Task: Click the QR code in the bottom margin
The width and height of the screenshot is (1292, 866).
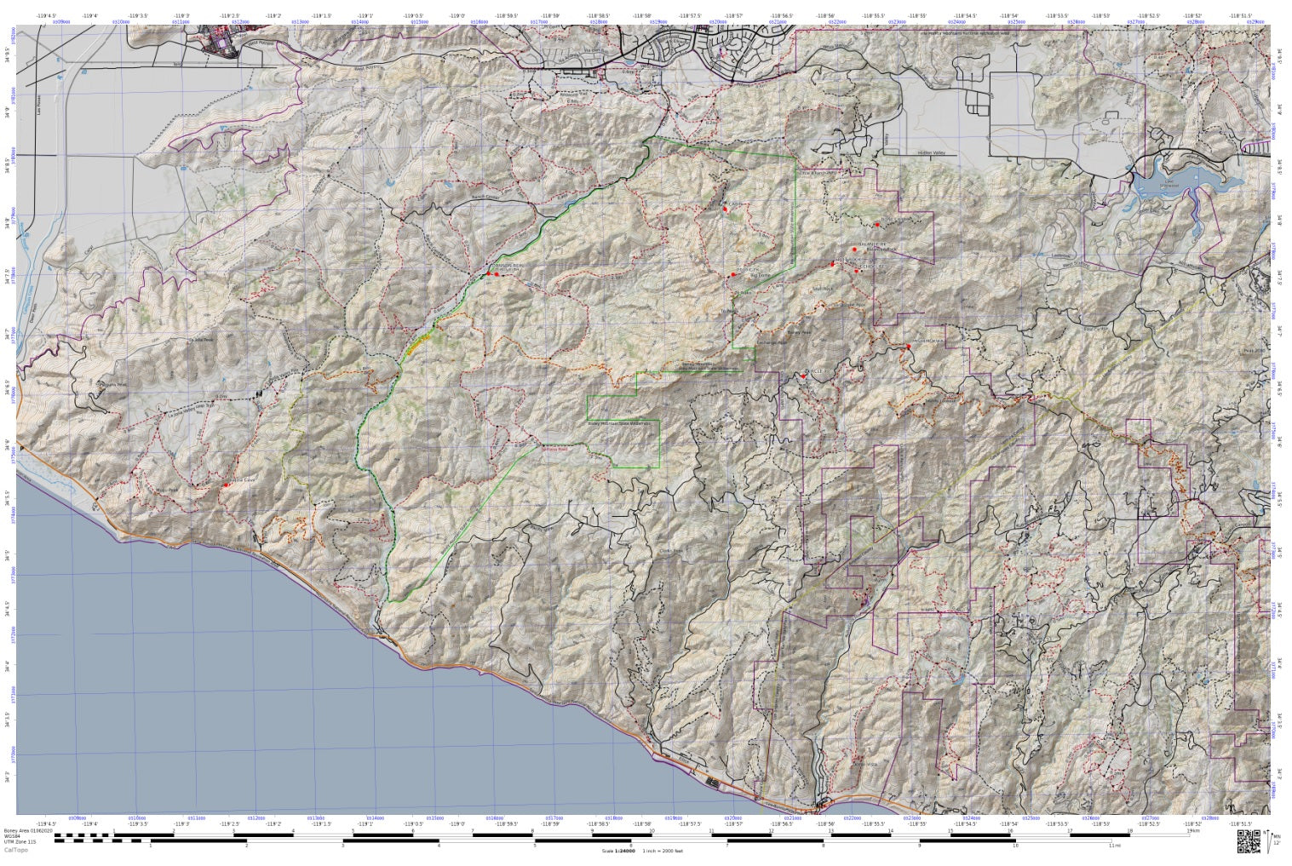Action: point(1249,840)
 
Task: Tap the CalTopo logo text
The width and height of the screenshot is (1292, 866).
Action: point(14,851)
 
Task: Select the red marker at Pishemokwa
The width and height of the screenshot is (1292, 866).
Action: point(909,347)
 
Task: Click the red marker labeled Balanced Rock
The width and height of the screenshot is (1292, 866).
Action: point(854,249)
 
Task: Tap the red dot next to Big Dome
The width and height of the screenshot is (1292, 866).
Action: point(732,274)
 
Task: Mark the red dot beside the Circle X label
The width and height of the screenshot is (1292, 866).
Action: point(803,373)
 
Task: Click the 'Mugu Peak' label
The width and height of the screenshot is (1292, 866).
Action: point(167,490)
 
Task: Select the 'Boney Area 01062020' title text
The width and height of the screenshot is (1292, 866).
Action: point(28,829)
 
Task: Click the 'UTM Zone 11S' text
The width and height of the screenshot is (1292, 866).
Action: point(20,843)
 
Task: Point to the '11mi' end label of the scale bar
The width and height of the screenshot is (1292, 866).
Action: point(1115,846)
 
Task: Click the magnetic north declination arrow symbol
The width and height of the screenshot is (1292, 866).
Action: point(1272,840)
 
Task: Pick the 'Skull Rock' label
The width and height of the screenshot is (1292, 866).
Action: point(822,288)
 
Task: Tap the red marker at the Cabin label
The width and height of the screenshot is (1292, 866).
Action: point(725,209)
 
